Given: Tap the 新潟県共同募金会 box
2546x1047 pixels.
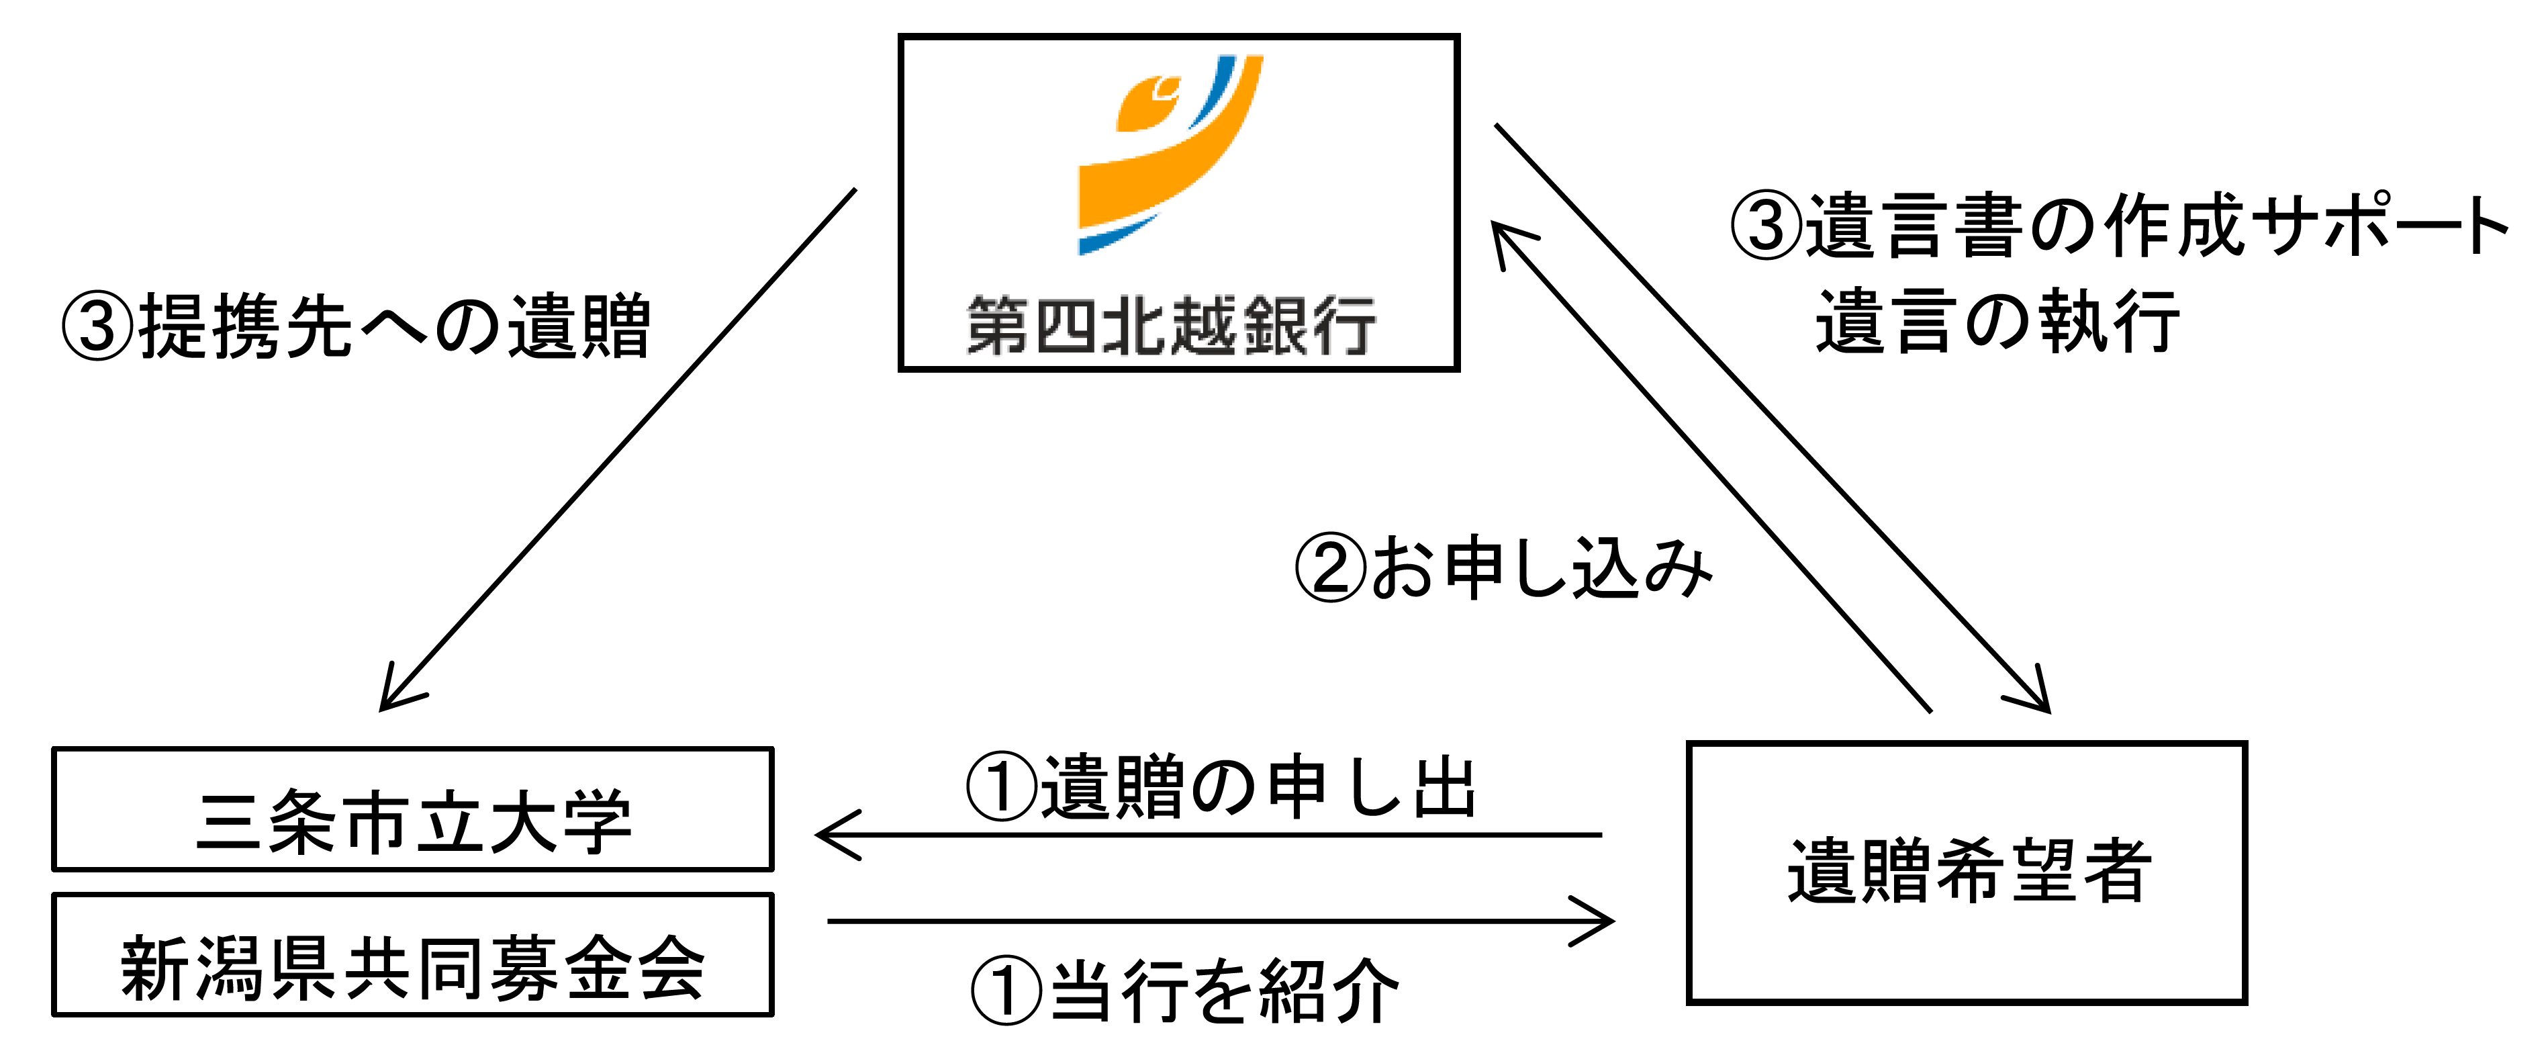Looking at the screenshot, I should click(x=413, y=955).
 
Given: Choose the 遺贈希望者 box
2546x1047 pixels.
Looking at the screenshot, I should click(x=1967, y=872).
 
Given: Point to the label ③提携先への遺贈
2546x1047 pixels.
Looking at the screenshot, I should click(x=356, y=326).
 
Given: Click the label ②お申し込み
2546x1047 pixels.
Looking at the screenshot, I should click(x=1503, y=568).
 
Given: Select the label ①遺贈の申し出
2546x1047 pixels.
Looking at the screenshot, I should click(x=1221, y=788).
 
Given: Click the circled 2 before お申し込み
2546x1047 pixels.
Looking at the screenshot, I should click(x=1330, y=568).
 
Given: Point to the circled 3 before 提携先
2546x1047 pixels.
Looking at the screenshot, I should click(x=97, y=326).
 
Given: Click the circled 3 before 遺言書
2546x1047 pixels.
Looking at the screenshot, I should click(x=1765, y=226).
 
